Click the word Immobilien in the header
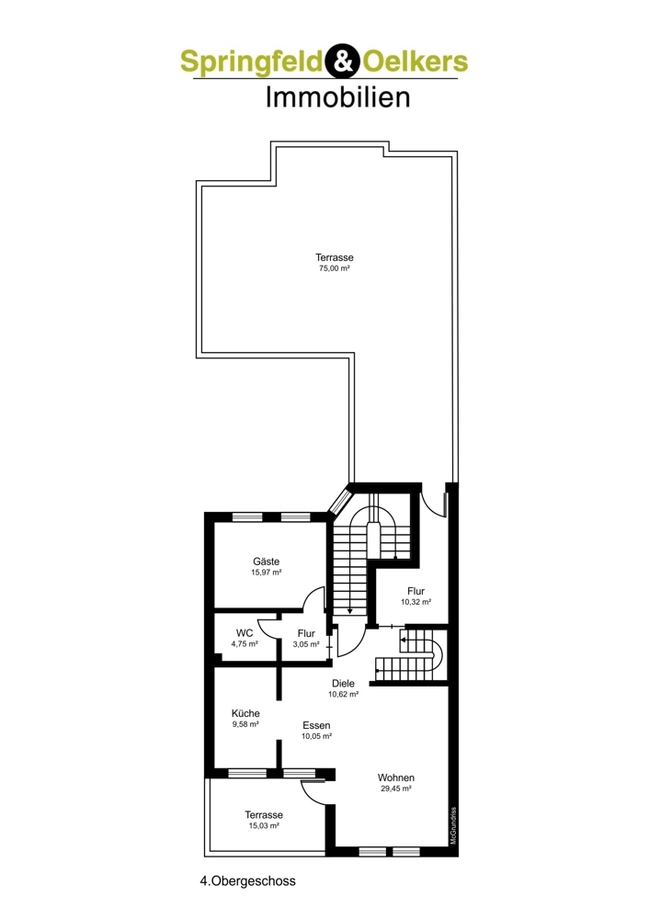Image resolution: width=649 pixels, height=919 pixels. click(337, 96)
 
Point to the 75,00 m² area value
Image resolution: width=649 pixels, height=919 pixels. click(335, 268)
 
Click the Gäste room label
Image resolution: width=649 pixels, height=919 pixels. click(267, 562)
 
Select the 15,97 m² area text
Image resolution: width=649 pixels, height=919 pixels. click(267, 573)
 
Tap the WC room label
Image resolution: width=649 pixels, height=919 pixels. click(245, 632)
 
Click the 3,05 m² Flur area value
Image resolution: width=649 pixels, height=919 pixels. click(306, 643)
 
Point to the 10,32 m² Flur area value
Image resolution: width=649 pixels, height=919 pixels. click(416, 602)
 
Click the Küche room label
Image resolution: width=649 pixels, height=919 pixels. click(245, 713)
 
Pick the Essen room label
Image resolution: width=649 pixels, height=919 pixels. click(316, 725)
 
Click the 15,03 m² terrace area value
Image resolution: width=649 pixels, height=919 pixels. click(264, 826)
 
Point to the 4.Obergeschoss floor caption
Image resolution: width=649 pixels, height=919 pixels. click(248, 880)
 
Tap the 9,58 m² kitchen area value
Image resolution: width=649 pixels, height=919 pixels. click(245, 724)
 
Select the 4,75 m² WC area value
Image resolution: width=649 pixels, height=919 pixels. click(245, 643)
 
